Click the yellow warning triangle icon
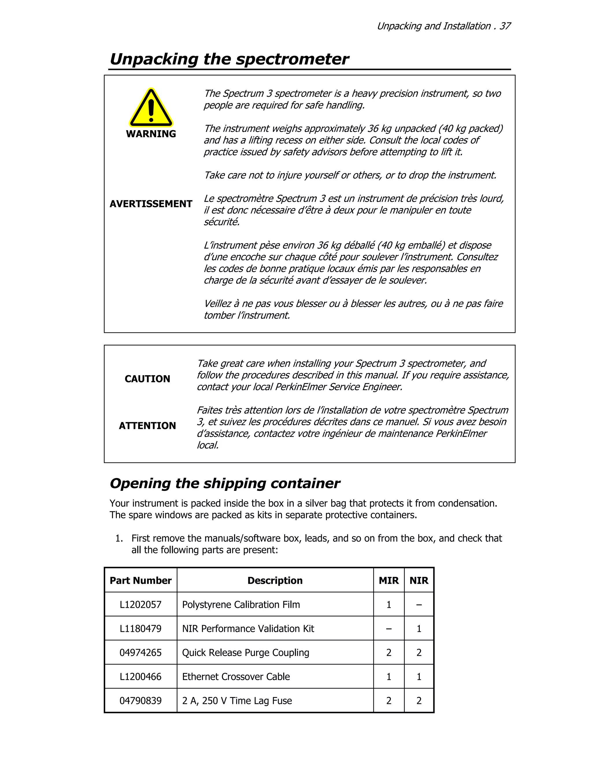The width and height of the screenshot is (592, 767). click(x=151, y=108)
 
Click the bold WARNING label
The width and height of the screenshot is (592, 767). click(x=151, y=134)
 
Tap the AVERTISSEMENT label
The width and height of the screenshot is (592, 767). click(x=151, y=204)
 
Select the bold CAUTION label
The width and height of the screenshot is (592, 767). click(x=147, y=379)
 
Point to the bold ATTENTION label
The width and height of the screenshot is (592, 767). click(x=147, y=426)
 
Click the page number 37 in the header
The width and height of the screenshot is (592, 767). click(x=505, y=26)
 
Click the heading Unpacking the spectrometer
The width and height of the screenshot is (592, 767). click(x=229, y=59)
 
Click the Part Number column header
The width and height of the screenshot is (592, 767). click(x=141, y=581)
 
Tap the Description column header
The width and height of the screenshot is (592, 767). click(x=275, y=581)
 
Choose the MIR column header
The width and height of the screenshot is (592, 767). click(x=388, y=581)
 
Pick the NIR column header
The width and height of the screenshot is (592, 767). click(x=419, y=581)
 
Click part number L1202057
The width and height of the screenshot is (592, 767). click(x=141, y=604)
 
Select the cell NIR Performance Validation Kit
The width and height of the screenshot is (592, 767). click(x=248, y=629)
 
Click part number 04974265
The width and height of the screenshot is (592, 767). click(x=141, y=652)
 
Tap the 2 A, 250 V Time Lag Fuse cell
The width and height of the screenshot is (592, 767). click(x=237, y=701)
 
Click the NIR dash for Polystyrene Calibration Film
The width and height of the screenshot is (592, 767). click(x=419, y=605)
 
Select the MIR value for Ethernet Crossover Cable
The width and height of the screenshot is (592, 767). click(x=388, y=676)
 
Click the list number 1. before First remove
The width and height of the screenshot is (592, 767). click(x=119, y=538)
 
